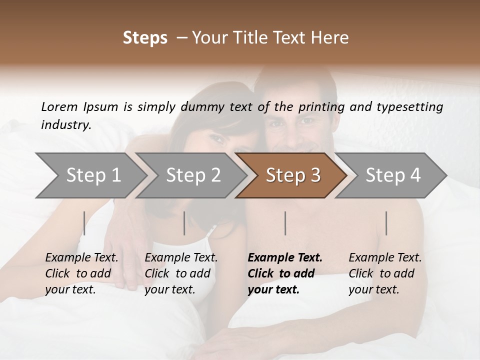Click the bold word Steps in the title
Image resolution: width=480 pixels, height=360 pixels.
pos(145,38)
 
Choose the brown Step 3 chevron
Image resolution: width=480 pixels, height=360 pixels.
pos(293,175)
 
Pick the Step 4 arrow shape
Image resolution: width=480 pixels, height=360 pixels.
pos(393,175)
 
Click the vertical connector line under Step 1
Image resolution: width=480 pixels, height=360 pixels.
pos(84,223)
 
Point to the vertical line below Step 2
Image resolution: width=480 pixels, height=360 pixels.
pos(184,223)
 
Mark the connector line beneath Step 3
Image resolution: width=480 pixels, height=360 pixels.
pos(285,223)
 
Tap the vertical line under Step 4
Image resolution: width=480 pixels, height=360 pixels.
pos(386,223)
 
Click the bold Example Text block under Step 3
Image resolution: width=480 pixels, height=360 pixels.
pos(285,273)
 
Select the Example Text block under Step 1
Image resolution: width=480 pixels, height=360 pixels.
pos(81,273)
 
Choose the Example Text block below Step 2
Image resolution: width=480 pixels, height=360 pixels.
pos(181,273)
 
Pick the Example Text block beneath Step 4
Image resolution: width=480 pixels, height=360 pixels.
pos(385,273)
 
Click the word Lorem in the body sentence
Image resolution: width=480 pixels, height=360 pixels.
pos(59,106)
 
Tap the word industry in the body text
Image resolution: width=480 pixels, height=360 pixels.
pos(66,125)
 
